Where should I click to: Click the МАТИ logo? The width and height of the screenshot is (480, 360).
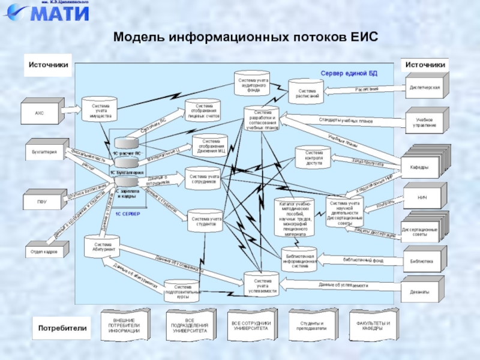click(x=49, y=12)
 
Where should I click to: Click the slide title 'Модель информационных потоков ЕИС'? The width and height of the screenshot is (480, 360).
click(x=246, y=37)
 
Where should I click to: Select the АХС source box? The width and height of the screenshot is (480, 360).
click(x=40, y=112)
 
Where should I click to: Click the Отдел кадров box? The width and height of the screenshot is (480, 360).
click(x=44, y=252)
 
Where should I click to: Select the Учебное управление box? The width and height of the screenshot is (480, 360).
click(x=424, y=122)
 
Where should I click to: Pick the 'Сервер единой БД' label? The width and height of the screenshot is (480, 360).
click(x=349, y=73)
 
